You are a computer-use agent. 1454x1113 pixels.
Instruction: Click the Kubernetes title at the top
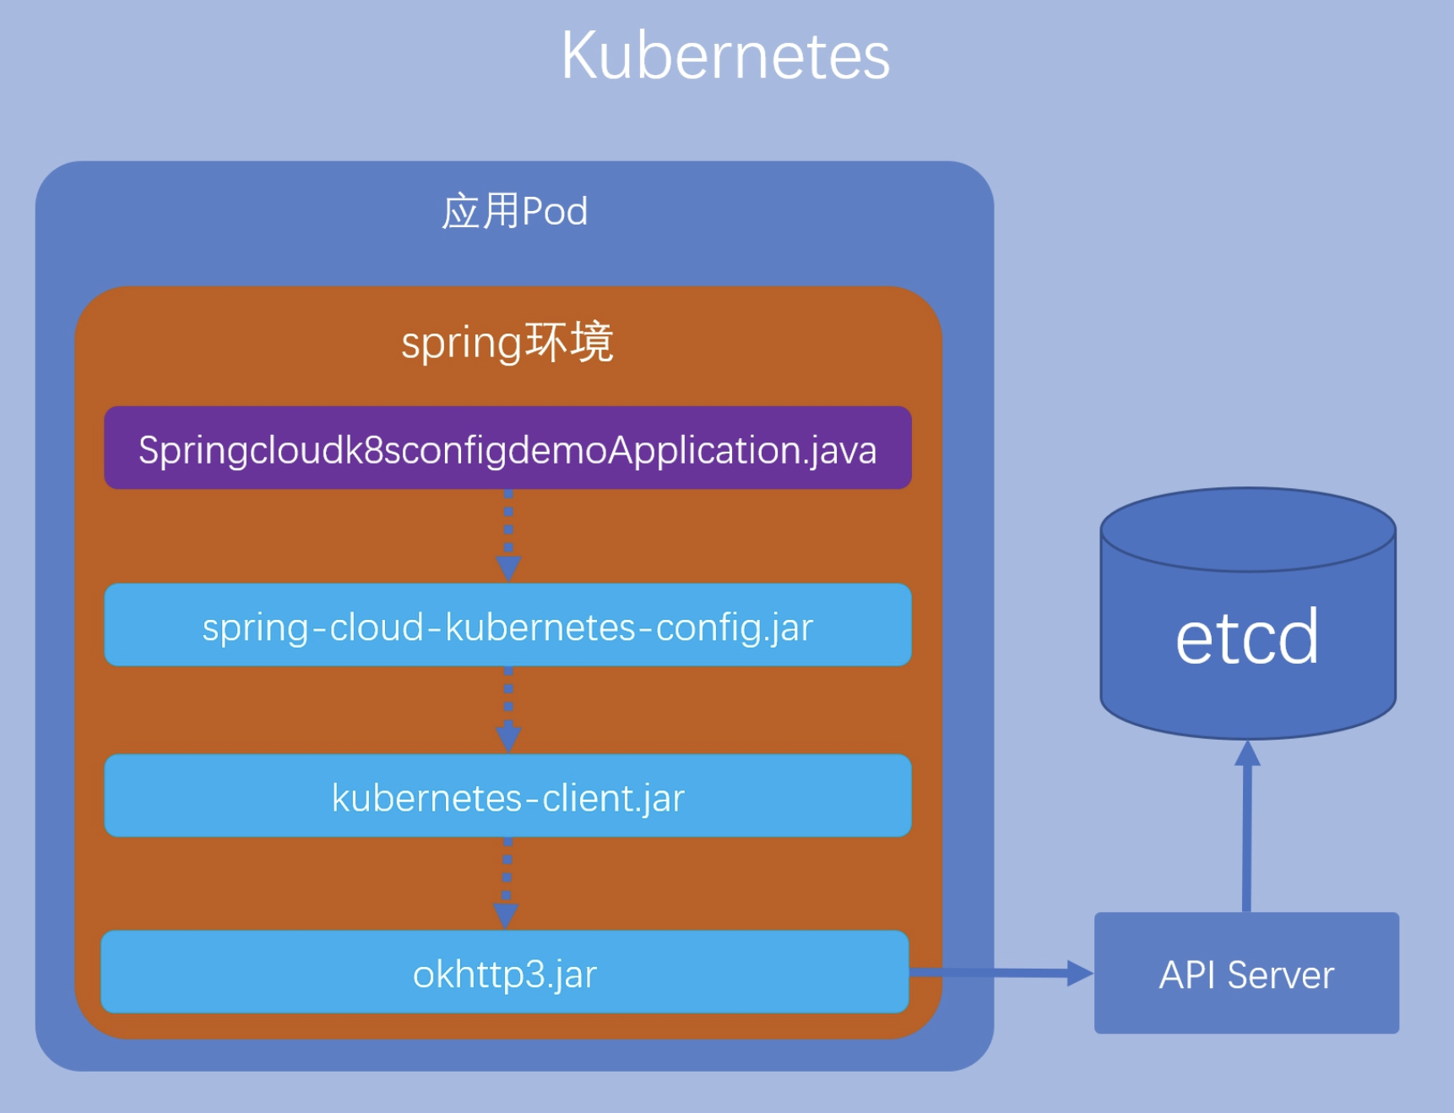tap(725, 56)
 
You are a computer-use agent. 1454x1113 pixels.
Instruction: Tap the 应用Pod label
tap(514, 211)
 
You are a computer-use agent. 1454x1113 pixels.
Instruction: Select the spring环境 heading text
tap(507, 343)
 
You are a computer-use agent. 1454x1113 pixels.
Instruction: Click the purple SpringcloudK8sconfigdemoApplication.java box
tap(507, 448)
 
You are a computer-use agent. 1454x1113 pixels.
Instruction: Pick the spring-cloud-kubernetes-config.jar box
tap(507, 625)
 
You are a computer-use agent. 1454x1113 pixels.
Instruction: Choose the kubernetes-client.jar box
tap(507, 795)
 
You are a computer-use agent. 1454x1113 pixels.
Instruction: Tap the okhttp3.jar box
tap(505, 972)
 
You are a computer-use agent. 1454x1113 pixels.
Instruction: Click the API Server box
tap(1246, 973)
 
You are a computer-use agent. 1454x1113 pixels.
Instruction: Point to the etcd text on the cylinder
tap(1246, 637)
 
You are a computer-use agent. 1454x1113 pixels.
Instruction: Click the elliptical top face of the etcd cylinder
tap(1248, 529)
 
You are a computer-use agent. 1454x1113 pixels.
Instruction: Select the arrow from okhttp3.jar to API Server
tap(1001, 973)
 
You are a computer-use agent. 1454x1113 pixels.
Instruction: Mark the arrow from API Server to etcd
tap(1247, 826)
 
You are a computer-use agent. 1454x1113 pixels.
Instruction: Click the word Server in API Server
tap(1280, 975)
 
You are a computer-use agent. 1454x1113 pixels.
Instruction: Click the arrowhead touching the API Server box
tap(1081, 973)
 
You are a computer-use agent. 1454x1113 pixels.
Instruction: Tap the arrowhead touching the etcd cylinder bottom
tap(1247, 753)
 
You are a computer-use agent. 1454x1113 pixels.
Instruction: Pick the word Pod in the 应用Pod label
tap(555, 212)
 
